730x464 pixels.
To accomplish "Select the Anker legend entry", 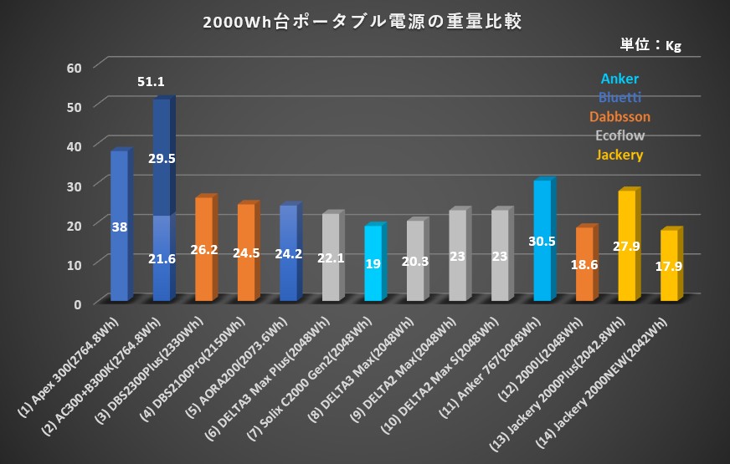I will (x=619, y=79).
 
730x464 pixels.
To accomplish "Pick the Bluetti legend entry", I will (x=619, y=98).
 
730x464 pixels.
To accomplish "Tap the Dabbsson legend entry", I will (x=619, y=116).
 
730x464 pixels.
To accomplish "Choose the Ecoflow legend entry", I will (x=619, y=135).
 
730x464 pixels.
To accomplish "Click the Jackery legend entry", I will (x=619, y=154).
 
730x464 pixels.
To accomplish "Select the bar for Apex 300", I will (x=119, y=226).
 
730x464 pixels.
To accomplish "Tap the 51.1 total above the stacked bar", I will (x=150, y=82).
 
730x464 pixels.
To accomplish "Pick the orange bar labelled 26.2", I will (x=203, y=249).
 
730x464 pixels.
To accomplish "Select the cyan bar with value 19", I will (x=373, y=263).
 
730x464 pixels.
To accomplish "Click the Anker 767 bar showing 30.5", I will (x=542, y=241).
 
